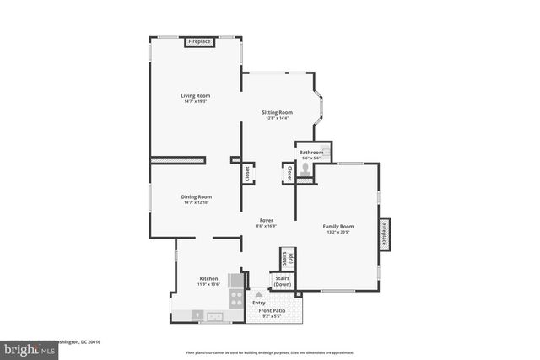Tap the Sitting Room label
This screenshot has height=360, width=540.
[277, 112]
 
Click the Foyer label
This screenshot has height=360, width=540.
[266, 220]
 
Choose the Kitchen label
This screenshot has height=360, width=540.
[208, 278]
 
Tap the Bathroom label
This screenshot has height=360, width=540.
[311, 152]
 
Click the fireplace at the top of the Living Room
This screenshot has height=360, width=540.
[199, 41]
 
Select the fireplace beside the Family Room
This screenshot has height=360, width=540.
[384, 234]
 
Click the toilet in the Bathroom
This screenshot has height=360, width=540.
[305, 169]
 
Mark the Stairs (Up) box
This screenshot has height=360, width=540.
[288, 259]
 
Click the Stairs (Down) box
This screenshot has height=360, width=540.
[283, 281]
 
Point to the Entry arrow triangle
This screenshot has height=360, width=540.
[259, 294]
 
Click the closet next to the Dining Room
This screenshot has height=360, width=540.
[247, 173]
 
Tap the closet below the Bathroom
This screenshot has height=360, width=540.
[289, 173]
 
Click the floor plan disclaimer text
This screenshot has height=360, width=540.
[270, 352]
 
